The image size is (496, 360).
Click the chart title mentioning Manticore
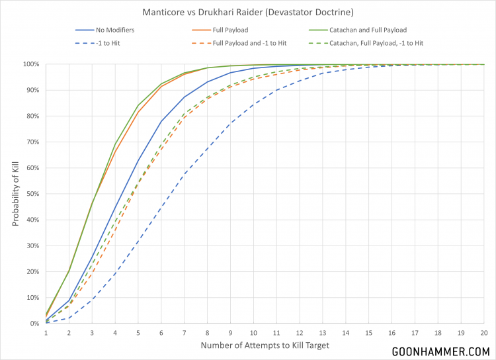[x=247, y=12]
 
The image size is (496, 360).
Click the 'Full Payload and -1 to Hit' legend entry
[x=250, y=43]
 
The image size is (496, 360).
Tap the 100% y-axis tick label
[x=29, y=64]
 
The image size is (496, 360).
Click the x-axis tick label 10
[x=254, y=332]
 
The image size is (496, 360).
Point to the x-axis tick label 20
[x=484, y=332]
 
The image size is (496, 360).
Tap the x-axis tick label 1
[x=46, y=332]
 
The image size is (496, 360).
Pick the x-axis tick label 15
[x=369, y=332]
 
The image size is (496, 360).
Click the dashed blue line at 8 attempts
[x=208, y=149]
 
